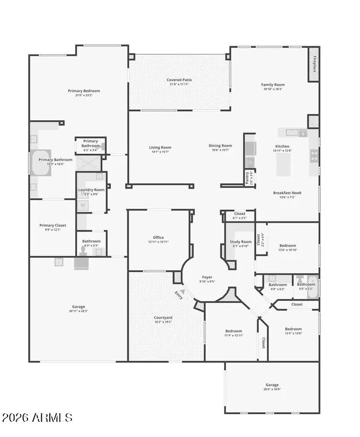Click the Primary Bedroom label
click(83, 91)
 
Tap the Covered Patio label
click(179, 80)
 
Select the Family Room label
click(272, 85)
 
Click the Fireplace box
click(314, 64)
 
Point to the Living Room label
click(160, 147)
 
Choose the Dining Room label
click(220, 146)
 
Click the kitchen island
click(283, 165)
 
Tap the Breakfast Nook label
click(287, 193)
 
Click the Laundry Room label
click(91, 190)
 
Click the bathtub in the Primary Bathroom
click(41, 162)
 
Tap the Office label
click(158, 237)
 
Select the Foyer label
click(207, 277)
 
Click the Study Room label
click(240, 242)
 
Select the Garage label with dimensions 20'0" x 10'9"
click(272, 385)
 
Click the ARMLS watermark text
click(37, 418)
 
